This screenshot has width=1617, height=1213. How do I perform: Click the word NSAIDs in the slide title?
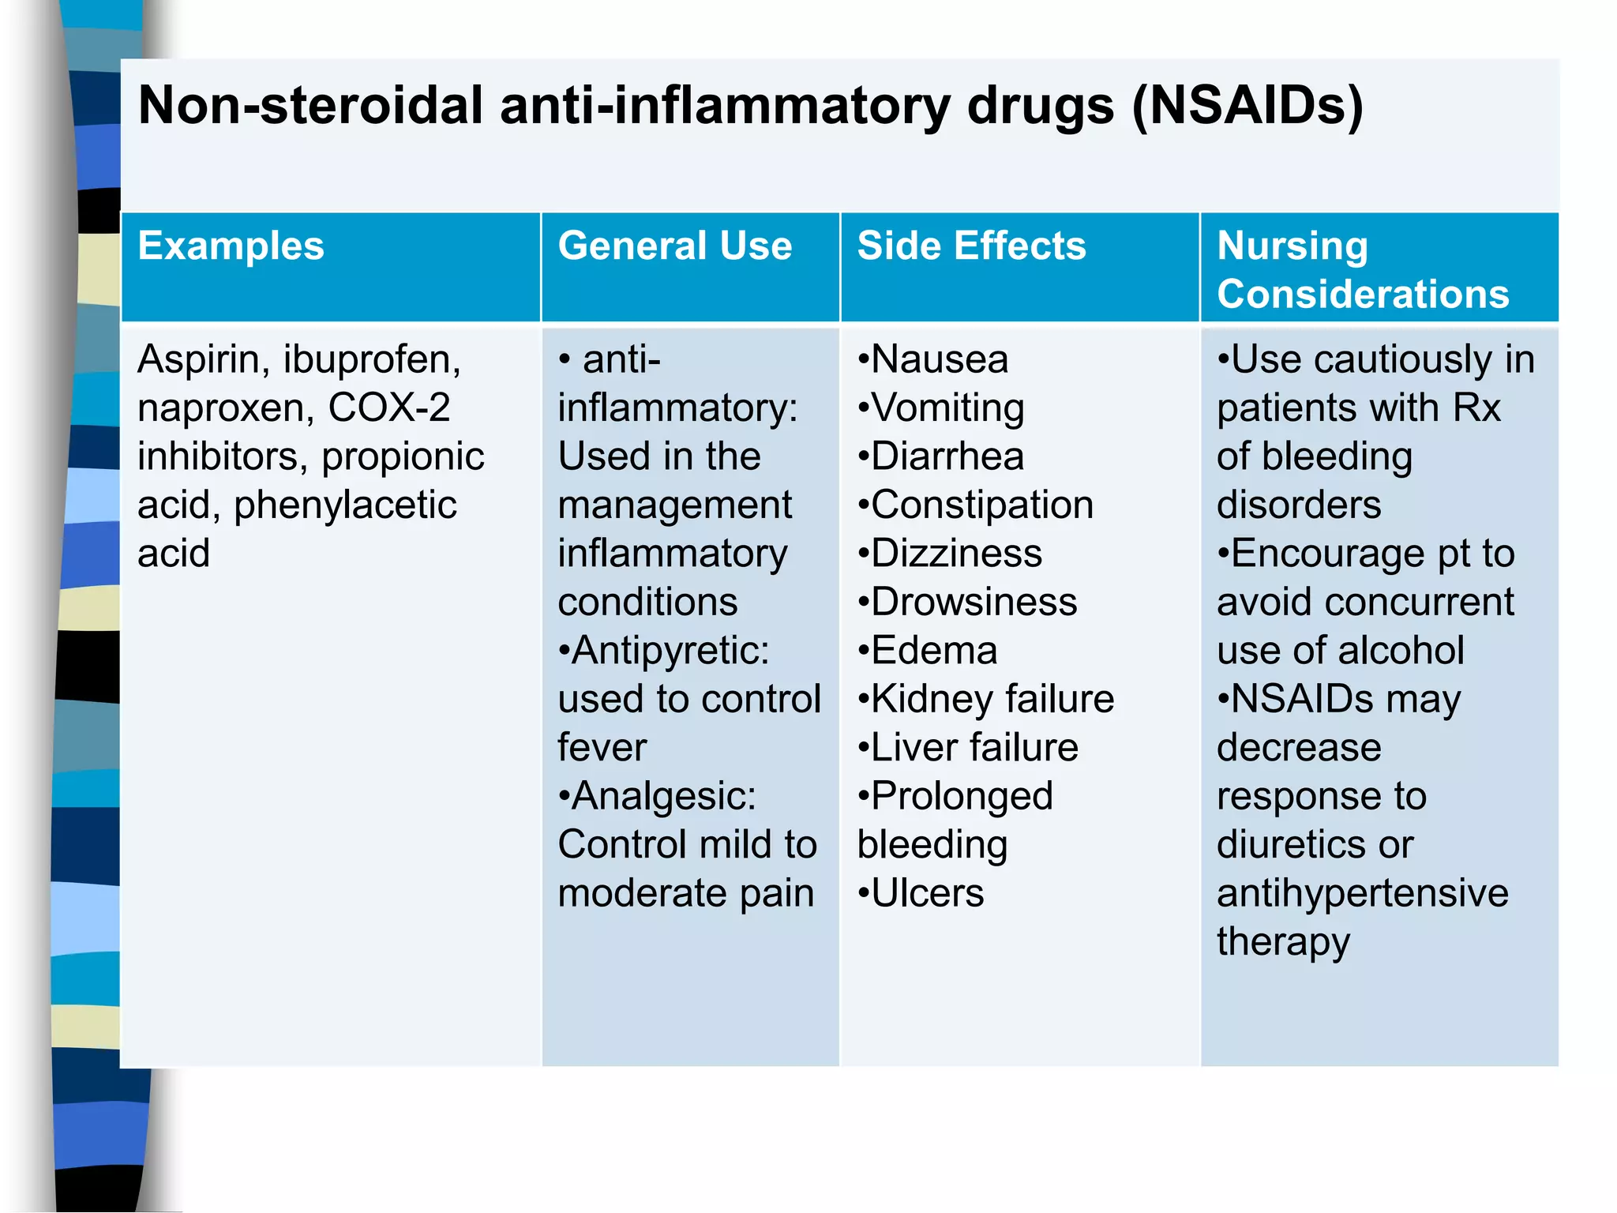1247,106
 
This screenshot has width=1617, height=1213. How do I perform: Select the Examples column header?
231,246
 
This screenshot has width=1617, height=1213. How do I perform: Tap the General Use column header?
674,246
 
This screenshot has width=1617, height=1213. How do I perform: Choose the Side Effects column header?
971,246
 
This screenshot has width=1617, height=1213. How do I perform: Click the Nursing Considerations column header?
1362,269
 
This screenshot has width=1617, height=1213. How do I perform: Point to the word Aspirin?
198,360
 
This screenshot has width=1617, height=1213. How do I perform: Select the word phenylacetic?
345,505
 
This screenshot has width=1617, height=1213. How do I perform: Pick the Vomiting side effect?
947,408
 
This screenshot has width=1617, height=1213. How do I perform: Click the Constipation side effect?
981,505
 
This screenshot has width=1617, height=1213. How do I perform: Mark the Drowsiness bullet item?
973,603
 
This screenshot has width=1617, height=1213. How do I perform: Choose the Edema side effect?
933,651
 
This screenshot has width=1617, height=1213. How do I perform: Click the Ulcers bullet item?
926,893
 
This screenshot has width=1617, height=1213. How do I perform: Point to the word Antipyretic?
670,651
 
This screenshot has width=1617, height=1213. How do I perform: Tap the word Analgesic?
663,796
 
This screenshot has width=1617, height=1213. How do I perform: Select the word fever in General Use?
602,748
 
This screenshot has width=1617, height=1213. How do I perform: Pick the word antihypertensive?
1362,893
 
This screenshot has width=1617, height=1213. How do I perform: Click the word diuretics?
1290,845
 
